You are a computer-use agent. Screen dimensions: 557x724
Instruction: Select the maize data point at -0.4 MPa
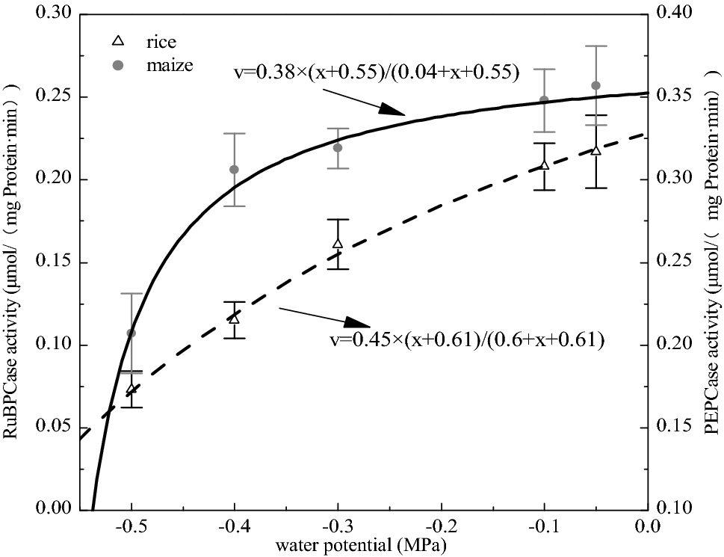click(x=234, y=170)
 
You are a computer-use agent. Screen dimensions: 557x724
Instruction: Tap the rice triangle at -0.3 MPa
click(x=338, y=243)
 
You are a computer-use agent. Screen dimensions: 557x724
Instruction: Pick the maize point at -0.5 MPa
click(x=132, y=333)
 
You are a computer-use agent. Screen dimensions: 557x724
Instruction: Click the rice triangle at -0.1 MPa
click(x=545, y=164)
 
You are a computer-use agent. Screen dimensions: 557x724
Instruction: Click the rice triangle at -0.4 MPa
click(x=234, y=318)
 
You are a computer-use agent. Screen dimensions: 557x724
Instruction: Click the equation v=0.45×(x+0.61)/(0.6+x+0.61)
click(x=466, y=340)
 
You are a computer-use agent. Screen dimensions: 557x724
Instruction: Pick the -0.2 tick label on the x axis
click(x=439, y=526)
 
